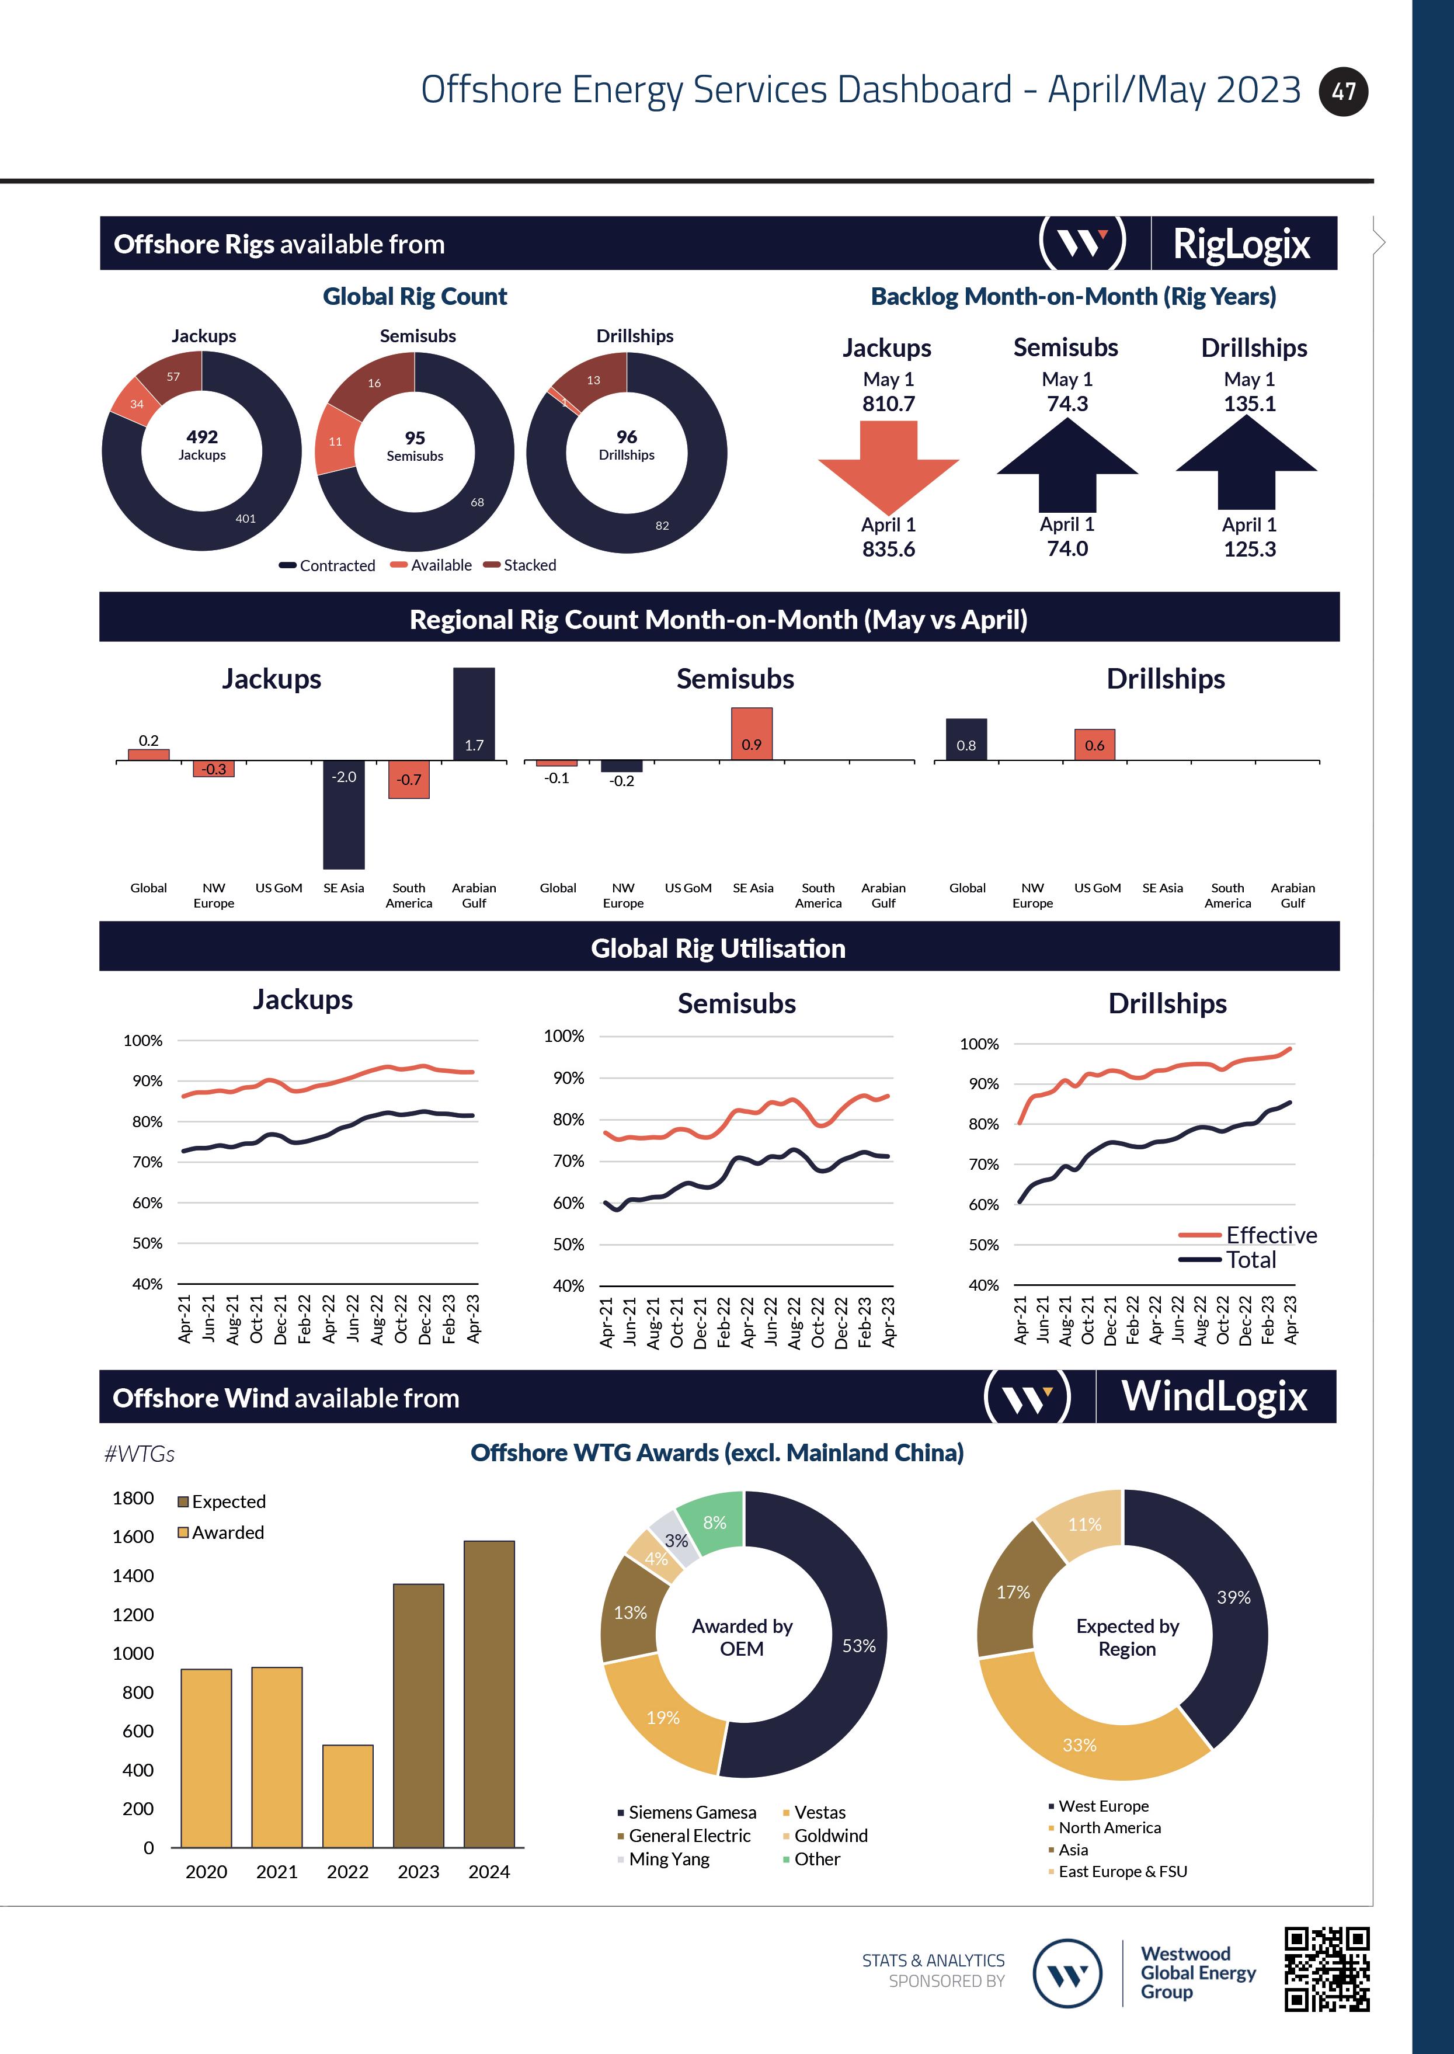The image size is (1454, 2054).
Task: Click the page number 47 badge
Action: pos(1343,91)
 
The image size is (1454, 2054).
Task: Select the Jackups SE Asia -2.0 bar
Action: pos(344,815)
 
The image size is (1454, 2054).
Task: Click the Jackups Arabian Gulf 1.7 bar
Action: pos(474,714)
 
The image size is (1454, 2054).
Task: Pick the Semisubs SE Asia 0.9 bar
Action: pos(751,734)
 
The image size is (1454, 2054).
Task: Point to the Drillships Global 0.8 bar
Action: pos(966,739)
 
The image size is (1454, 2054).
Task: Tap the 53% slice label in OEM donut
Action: pos(858,1646)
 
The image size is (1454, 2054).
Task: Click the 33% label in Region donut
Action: pos(1079,1745)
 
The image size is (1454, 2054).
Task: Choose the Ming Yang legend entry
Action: pos(668,1859)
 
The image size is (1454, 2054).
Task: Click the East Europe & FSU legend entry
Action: pos(1122,1871)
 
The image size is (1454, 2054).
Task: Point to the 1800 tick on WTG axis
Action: pos(133,1498)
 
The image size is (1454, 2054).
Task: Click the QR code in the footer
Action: pos(1327,1969)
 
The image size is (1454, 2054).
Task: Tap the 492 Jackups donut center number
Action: pos(203,437)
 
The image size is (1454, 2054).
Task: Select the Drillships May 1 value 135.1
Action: pos(1250,404)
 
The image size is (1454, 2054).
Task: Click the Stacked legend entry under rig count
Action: pos(529,565)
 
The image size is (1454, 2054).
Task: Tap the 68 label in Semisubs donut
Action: pos(477,502)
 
